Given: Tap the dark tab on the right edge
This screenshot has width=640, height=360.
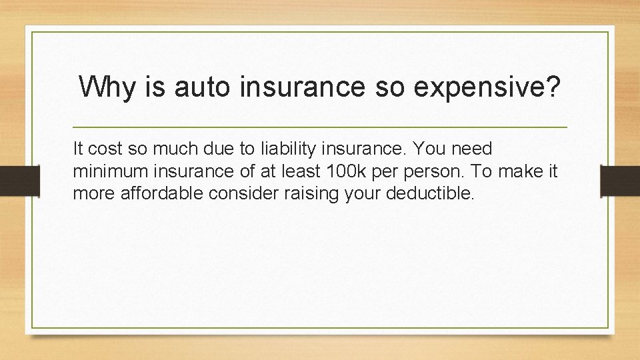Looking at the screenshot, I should pos(620,181).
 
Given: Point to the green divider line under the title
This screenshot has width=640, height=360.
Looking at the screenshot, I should pos(319,127).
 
